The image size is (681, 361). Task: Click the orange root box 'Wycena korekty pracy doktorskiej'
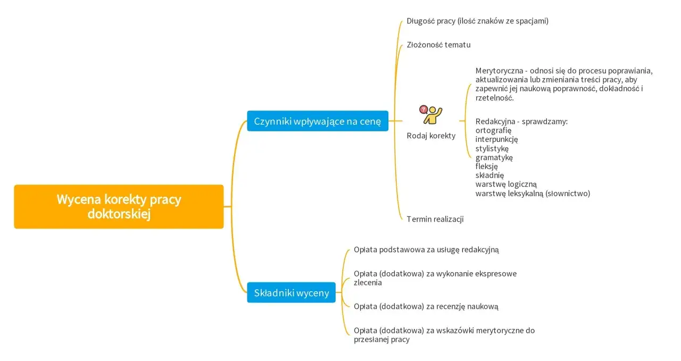119,207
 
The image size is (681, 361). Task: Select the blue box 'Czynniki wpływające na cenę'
318,121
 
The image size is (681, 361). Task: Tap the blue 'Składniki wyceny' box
291,292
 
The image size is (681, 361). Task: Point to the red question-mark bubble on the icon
423,110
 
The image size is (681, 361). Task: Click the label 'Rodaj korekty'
431,136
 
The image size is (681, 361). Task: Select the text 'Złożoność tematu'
438,45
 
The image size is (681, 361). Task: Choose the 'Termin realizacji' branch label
435,219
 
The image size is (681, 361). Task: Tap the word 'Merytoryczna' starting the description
499,71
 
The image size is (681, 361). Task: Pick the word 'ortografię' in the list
493,130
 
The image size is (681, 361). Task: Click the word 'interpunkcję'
496,139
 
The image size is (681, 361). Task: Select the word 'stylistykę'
492,148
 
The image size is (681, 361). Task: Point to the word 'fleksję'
486,166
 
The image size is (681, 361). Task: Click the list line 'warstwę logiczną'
506,184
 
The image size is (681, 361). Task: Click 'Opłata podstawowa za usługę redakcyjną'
426,249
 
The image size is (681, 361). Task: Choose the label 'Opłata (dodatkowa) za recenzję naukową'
426,306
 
